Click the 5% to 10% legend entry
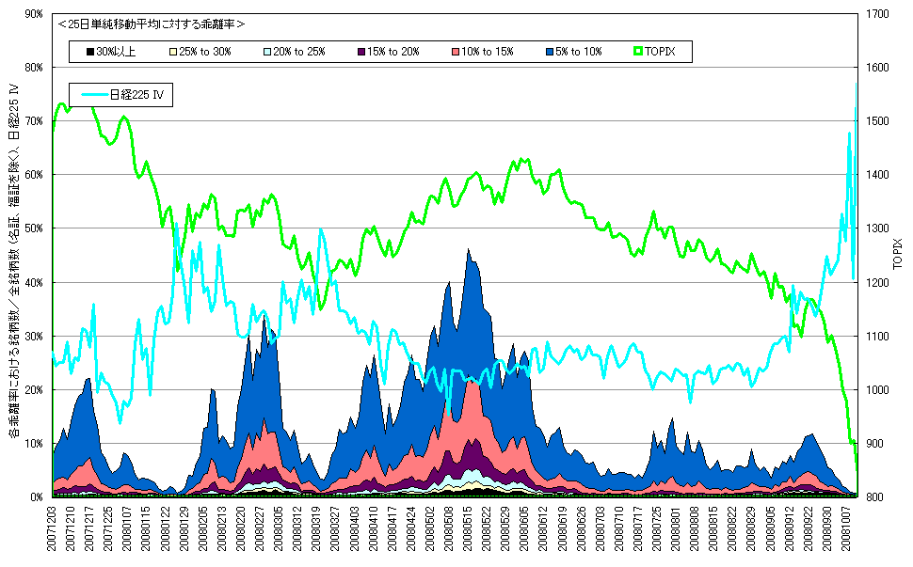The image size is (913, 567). pyautogui.click(x=574, y=52)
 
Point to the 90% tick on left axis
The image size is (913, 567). pyautogui.click(x=34, y=14)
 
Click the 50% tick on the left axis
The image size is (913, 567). pyautogui.click(x=34, y=228)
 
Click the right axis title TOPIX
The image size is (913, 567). pyautogui.click(x=898, y=255)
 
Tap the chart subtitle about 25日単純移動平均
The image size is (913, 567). pyautogui.click(x=151, y=24)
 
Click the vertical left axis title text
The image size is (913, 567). pyautogui.click(x=13, y=263)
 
